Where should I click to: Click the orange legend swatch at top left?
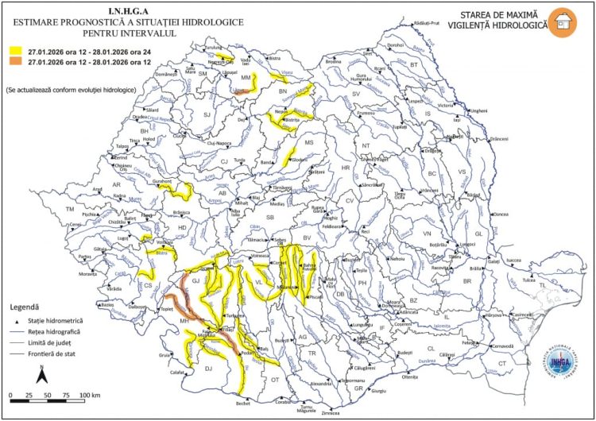(16, 60)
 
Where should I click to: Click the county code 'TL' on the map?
(543, 284)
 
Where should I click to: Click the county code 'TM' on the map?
(70, 209)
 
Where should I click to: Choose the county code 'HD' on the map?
(181, 228)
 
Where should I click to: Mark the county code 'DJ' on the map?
(209, 368)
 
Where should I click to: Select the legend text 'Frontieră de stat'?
(63, 353)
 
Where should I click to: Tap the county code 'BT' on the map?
(413, 65)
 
